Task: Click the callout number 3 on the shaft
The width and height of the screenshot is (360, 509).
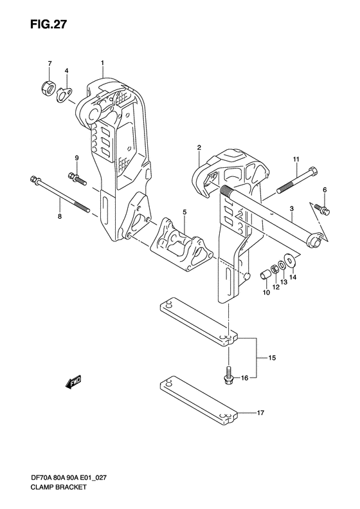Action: (291, 209)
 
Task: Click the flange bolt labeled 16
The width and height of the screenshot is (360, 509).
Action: (230, 375)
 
